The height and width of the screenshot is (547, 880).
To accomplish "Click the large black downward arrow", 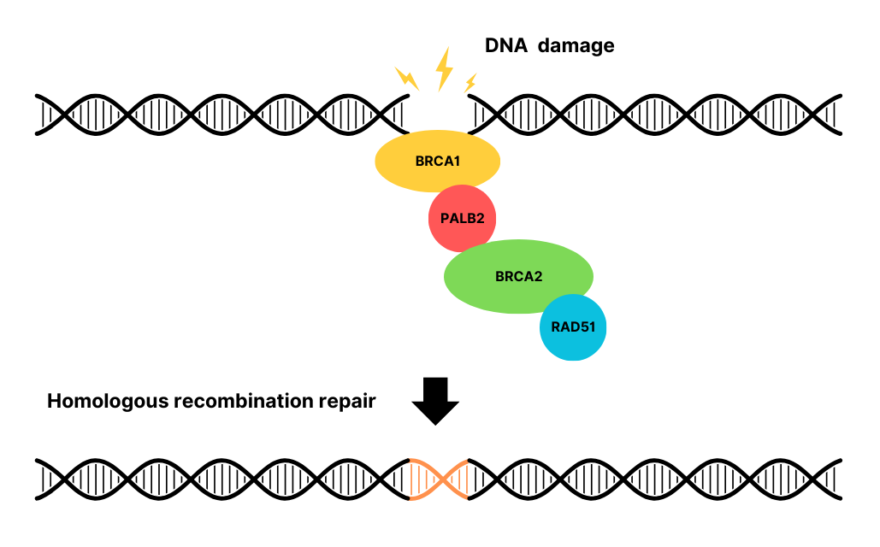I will pyautogui.click(x=436, y=400).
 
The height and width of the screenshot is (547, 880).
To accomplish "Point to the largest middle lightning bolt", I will pyautogui.click(x=443, y=69).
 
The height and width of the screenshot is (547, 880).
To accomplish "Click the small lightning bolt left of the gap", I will pyautogui.click(x=407, y=78).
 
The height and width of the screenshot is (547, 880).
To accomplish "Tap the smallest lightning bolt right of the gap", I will pyautogui.click(x=470, y=83).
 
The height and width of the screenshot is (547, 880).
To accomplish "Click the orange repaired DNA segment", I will pyautogui.click(x=439, y=479).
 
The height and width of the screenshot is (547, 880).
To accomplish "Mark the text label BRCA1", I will pyautogui.click(x=437, y=161).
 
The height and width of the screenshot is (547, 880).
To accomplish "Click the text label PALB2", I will pyautogui.click(x=463, y=218).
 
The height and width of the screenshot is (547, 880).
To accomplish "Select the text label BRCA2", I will pyautogui.click(x=518, y=276).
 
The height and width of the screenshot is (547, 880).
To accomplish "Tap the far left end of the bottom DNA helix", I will pyautogui.click(x=39, y=479).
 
